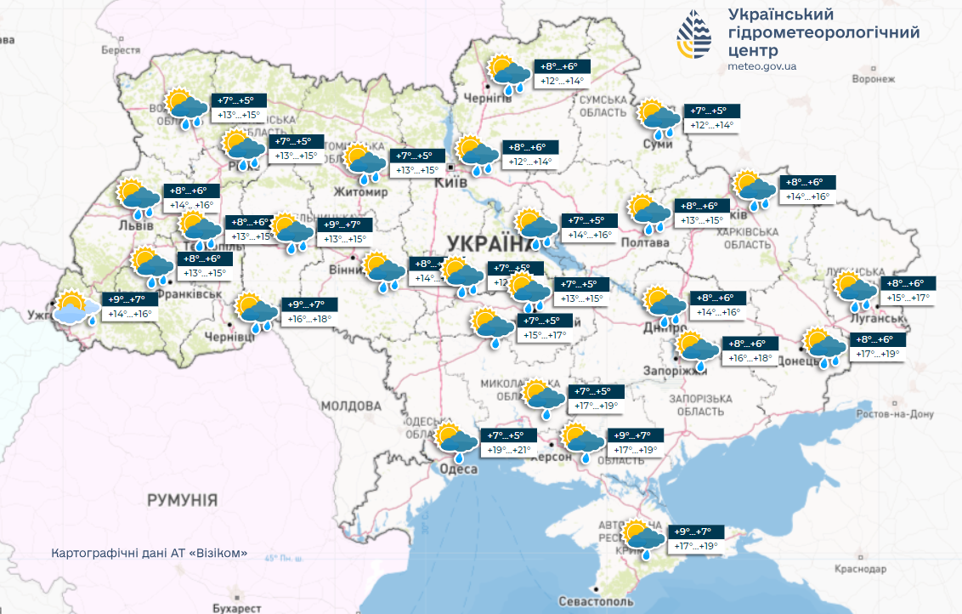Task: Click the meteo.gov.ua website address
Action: pyautogui.click(x=762, y=65)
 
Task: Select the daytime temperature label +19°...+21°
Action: pyautogui.click(x=508, y=450)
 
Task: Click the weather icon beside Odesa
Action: pyautogui.click(x=456, y=441)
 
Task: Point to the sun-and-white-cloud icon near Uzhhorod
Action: pyautogui.click(x=71, y=308)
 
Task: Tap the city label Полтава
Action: pyautogui.click(x=645, y=243)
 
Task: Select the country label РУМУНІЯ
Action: pyautogui.click(x=182, y=498)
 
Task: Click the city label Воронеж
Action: pyautogui.click(x=873, y=79)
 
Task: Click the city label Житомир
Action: pyautogui.click(x=361, y=192)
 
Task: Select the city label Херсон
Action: pyautogui.click(x=551, y=457)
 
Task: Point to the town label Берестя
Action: pyautogui.click(x=120, y=50)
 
